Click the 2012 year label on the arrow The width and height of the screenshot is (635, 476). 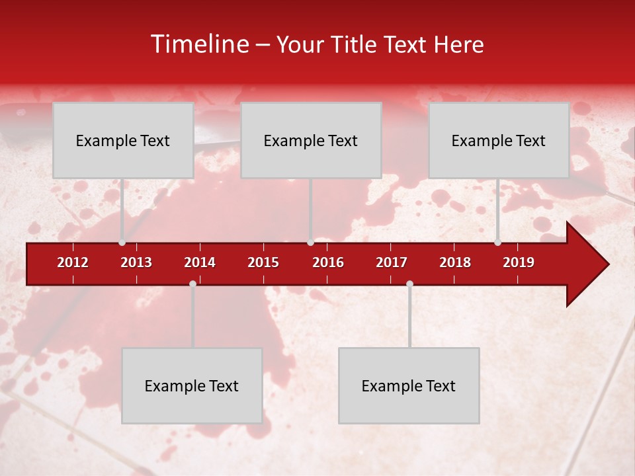(73, 262)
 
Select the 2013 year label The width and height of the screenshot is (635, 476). (136, 262)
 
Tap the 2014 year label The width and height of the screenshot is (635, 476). (200, 262)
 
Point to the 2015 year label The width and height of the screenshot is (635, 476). (263, 262)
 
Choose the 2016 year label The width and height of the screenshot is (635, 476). (328, 262)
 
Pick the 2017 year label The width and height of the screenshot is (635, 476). (392, 262)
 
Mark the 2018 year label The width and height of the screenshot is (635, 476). (455, 262)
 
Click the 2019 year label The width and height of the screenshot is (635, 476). (519, 262)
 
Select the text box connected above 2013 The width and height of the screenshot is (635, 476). (123, 140)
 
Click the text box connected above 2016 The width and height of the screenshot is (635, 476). (311, 140)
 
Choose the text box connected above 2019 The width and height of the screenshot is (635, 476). (499, 140)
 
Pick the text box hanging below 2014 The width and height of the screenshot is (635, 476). (192, 385)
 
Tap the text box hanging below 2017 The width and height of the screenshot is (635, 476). (409, 385)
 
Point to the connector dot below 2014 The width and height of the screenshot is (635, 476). (192, 284)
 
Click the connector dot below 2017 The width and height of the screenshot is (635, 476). (409, 284)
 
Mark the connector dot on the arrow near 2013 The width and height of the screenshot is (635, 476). (122, 242)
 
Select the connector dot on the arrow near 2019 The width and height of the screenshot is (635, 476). (497, 242)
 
